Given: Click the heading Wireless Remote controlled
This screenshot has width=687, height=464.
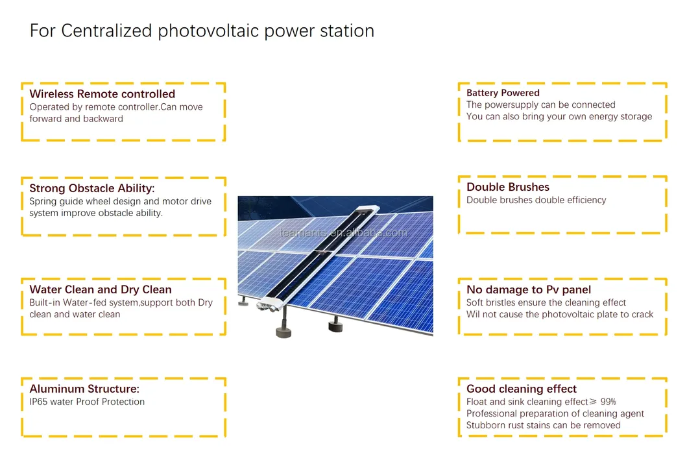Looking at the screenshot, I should pos(102,94).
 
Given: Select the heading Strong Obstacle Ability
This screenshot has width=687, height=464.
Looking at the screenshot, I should pos(92,188).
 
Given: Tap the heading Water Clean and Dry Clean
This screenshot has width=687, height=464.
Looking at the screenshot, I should pos(101,289).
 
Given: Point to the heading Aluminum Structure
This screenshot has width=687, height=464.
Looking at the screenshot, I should pos(84,389).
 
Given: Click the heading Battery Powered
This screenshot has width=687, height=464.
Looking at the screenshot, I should pos(503,93).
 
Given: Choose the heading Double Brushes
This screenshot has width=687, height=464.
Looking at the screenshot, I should pos(508,187).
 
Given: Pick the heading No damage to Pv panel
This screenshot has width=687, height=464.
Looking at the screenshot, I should pos(529,289).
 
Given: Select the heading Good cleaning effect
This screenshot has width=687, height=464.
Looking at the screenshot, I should pos(522,389).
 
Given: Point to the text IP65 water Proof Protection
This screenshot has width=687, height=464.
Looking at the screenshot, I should pos(87,402).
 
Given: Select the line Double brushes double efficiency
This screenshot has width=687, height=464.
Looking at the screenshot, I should pos(536,200).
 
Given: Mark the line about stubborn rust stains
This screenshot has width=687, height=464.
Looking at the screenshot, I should pos(543,425).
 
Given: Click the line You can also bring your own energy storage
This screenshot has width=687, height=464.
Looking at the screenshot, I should pos(559,117).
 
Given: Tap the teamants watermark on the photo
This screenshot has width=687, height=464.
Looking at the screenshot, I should pos(343,233).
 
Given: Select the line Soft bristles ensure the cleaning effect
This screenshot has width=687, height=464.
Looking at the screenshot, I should pos(546,302).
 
